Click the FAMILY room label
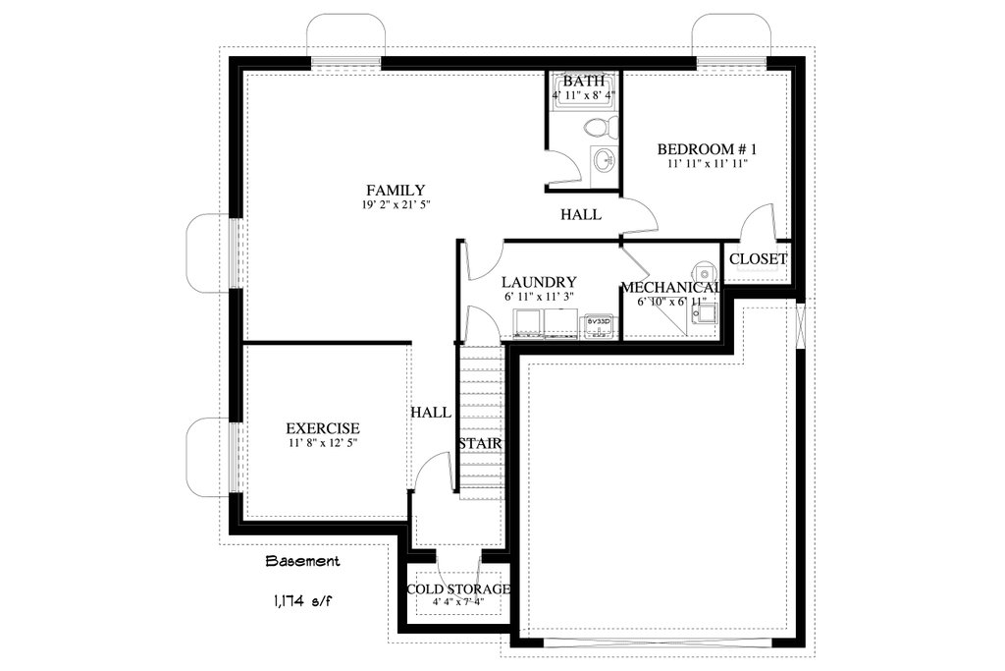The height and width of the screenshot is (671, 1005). [x=396, y=190]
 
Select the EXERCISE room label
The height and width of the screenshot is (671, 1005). [x=322, y=428]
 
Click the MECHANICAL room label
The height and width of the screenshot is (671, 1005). [x=671, y=287]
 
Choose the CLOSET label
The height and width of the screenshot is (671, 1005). [x=758, y=258]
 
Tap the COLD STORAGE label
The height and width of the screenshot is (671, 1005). [x=458, y=589]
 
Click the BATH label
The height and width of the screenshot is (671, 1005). [x=584, y=82]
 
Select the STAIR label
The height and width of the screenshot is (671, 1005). [x=480, y=444]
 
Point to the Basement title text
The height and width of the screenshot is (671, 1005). [x=303, y=562]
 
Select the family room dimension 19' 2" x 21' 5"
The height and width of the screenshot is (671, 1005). [x=396, y=204]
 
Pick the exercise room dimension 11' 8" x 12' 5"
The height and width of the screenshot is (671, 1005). [x=322, y=443]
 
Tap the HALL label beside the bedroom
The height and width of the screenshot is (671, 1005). [x=581, y=214]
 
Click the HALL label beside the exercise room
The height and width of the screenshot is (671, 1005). [x=431, y=412]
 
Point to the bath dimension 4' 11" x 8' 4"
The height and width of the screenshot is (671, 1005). [x=584, y=95]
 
